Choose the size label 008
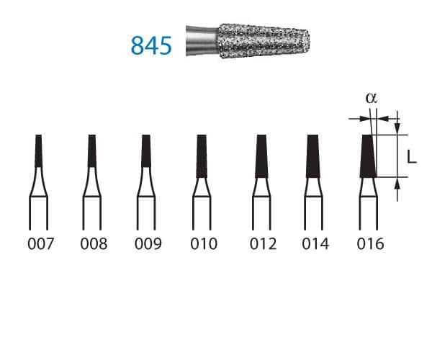(x=94, y=244)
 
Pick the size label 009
(x=148, y=244)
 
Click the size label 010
(x=202, y=244)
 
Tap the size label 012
(x=263, y=244)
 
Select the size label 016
(x=370, y=244)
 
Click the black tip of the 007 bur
(x=38, y=150)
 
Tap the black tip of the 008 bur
(x=92, y=150)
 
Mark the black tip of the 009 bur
(x=146, y=152)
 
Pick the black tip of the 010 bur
(x=201, y=156)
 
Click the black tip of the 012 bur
(x=261, y=156)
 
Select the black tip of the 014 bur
(x=313, y=156)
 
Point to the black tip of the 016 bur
(x=368, y=156)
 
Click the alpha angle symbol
(x=372, y=98)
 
